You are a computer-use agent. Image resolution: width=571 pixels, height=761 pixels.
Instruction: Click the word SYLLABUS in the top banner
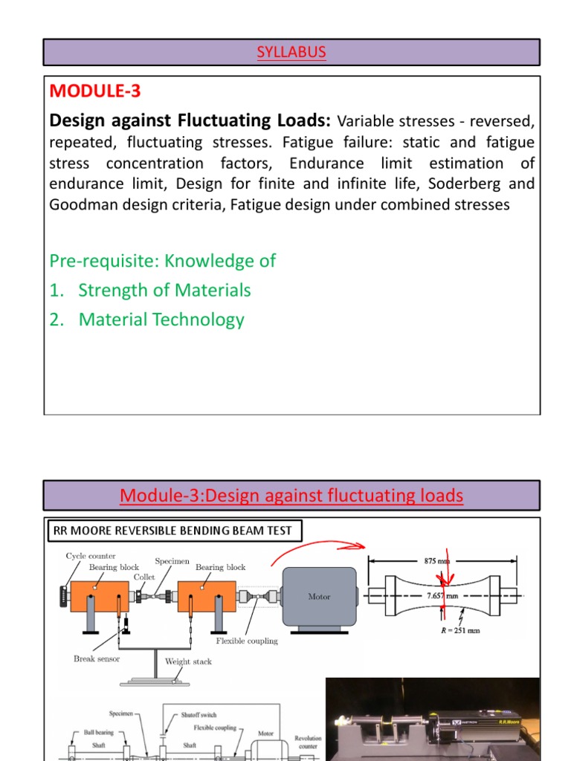(291, 52)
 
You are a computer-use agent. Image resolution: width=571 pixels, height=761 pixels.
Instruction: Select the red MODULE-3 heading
(94, 91)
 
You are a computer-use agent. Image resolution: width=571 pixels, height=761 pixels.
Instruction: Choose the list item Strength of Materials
(164, 291)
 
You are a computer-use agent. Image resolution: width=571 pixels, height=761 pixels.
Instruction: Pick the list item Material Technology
(161, 320)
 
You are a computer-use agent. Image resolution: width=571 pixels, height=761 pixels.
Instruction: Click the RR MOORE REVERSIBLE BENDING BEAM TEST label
(175, 531)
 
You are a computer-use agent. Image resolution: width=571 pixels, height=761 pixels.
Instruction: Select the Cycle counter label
(91, 556)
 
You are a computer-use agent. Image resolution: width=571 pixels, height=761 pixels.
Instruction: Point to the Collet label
(144, 577)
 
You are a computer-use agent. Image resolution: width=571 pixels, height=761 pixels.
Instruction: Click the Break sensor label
(97, 658)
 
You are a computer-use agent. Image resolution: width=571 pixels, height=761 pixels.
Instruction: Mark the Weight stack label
(188, 661)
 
